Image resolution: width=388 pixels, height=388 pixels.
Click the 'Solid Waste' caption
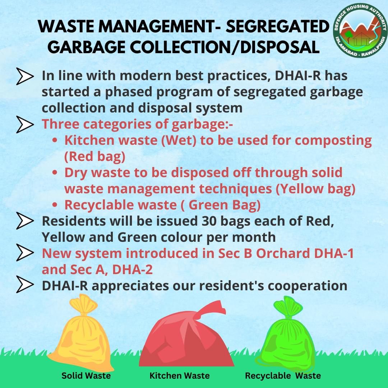click(86, 376)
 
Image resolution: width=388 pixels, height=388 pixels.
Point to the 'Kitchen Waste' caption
click(180, 376)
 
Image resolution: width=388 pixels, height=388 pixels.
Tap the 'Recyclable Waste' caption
click(283, 376)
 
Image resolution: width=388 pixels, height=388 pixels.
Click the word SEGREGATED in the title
click(278, 26)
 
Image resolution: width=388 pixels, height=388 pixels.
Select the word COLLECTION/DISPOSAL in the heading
click(225, 47)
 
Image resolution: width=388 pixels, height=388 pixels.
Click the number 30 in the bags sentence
click(209, 221)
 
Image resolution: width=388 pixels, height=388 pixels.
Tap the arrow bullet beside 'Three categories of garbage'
click(25, 124)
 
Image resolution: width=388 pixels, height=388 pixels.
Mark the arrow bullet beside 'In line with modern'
click(25, 76)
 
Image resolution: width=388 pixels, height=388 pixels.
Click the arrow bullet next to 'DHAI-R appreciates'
click(25, 284)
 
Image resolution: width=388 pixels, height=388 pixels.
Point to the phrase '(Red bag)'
click(95, 157)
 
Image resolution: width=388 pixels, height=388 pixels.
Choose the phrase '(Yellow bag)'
click(315, 189)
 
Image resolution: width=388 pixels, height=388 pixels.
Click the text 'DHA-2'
click(132, 269)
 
